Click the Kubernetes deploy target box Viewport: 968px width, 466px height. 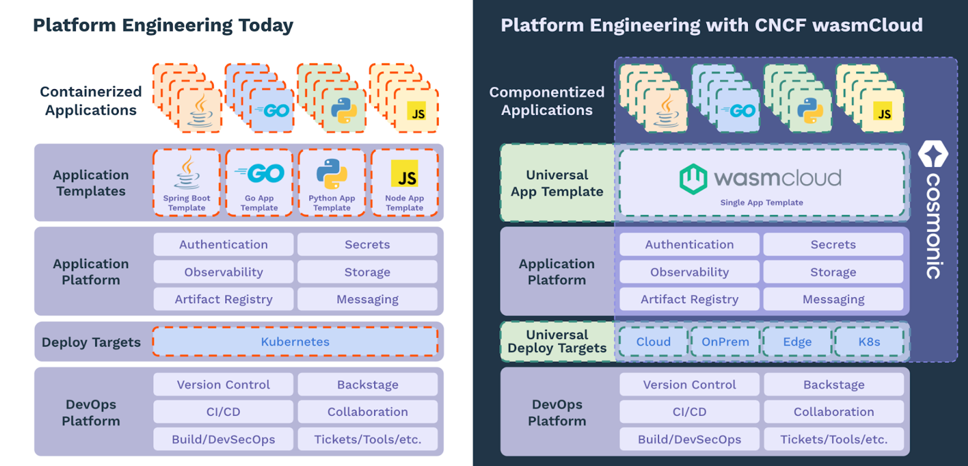[295, 342]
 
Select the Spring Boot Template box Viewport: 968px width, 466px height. [187, 182]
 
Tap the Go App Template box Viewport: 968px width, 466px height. [259, 182]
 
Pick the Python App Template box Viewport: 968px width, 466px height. [332, 182]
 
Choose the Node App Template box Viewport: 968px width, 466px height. [405, 182]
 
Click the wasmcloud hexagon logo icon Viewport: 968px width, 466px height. [693, 179]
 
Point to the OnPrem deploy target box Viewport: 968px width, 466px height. [725, 342]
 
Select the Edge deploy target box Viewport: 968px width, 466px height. [797, 342]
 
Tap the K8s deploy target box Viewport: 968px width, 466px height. [869, 342]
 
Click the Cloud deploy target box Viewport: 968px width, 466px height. [653, 342]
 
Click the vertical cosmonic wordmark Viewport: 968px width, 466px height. [934, 225]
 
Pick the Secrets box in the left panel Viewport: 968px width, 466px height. [367, 244]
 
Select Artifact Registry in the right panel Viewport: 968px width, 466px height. [689, 299]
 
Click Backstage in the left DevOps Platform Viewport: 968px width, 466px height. [367, 384]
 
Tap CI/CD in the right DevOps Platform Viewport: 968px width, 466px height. [689, 412]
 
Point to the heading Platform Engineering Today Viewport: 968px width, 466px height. [163, 25]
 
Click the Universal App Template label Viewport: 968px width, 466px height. [557, 183]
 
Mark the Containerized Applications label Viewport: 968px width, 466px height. [91, 101]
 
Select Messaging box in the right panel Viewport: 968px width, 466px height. [833, 299]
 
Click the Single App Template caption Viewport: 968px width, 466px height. [761, 202]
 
